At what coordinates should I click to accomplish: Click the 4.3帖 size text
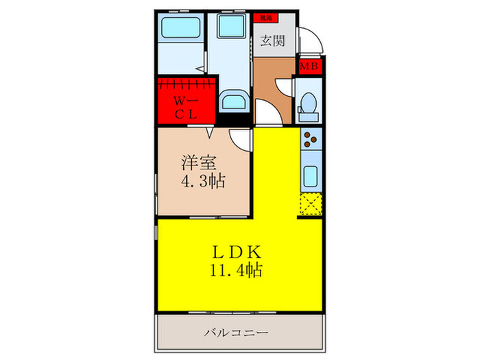click(204, 182)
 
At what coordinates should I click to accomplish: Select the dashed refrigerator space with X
click(310, 204)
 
